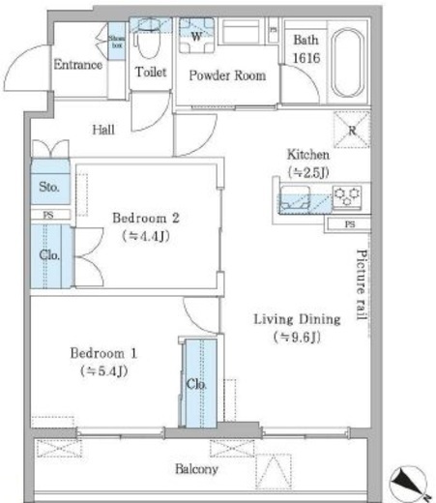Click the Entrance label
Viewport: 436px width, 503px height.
pyautogui.click(x=78, y=65)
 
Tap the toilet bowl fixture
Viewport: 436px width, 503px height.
pyautogui.click(x=149, y=38)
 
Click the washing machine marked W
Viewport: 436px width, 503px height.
pyautogui.click(x=196, y=36)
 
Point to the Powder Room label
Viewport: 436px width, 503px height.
pyautogui.click(x=227, y=75)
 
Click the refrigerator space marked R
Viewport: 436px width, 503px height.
pyautogui.click(x=352, y=130)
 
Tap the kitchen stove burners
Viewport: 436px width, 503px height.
pyautogui.click(x=347, y=196)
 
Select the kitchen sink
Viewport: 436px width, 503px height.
pyautogui.click(x=295, y=198)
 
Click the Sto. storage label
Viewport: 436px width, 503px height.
pyautogui.click(x=49, y=187)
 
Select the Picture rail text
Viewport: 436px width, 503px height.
pyautogui.click(x=362, y=284)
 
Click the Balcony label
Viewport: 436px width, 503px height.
pyautogui.click(x=196, y=469)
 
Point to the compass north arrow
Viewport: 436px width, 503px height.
pyautogui.click(x=409, y=483)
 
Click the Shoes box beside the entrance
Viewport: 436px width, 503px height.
pyautogui.click(x=117, y=42)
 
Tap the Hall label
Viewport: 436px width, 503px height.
pyautogui.click(x=103, y=130)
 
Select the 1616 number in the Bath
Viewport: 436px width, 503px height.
pyautogui.click(x=306, y=58)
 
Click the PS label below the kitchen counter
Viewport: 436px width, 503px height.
pyautogui.click(x=350, y=224)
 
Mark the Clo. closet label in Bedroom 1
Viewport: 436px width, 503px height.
pyautogui.click(x=196, y=384)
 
